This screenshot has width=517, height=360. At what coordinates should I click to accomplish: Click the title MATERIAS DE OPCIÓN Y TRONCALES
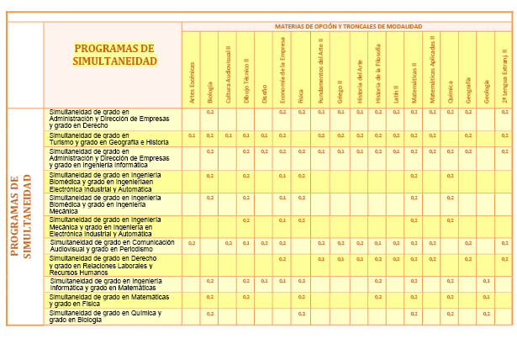pos(348,26)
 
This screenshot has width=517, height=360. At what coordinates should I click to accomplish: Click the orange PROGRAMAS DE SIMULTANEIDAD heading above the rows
pos(113,55)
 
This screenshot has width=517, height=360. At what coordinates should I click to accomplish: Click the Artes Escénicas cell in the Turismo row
pos(192,135)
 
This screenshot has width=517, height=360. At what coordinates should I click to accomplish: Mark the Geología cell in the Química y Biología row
pos(486,314)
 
